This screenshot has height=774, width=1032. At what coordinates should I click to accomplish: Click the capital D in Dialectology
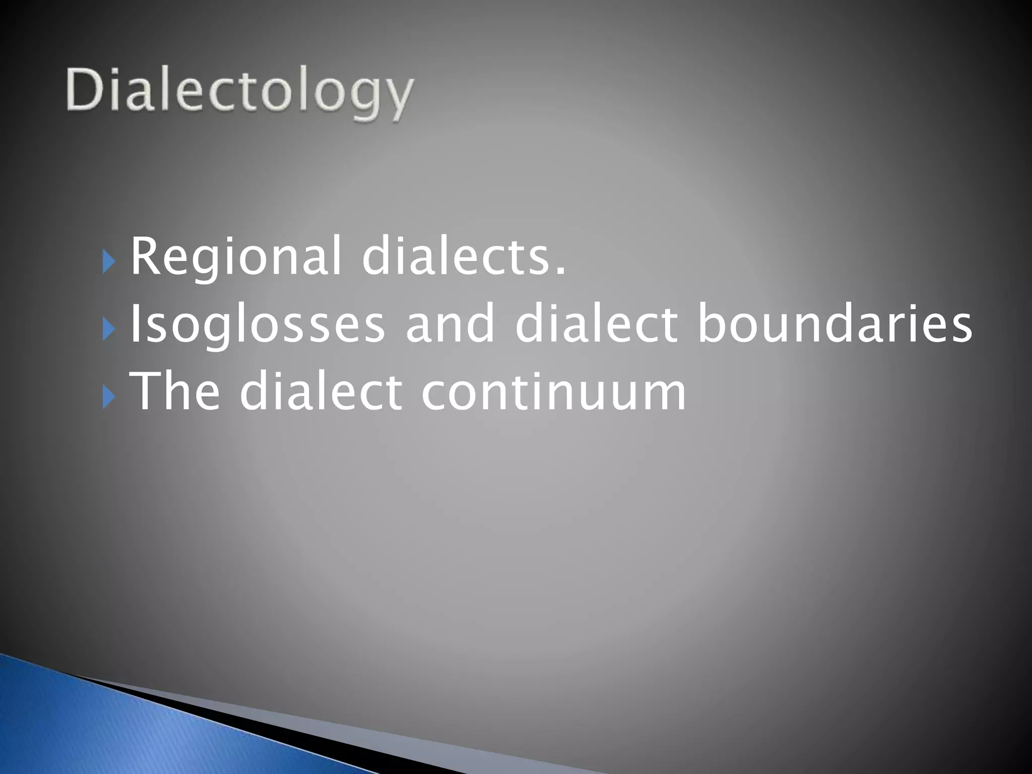(x=83, y=90)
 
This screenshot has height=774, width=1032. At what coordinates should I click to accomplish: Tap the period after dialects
(x=559, y=272)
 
